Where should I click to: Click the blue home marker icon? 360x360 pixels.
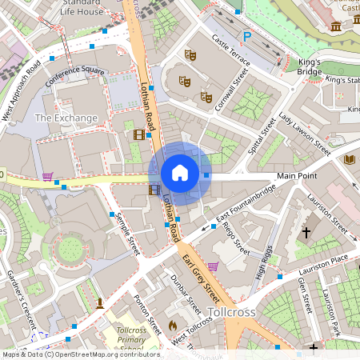pos(180,173)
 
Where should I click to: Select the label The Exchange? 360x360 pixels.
pos(66,118)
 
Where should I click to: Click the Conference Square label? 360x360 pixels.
pos(75,76)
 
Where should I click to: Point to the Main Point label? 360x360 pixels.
pos(297,175)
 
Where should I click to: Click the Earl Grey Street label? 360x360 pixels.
pos(201,273)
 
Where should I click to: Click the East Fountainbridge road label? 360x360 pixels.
pos(246,203)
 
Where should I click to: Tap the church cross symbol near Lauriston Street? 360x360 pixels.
pos(306,233)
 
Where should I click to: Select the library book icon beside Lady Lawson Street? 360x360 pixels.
pos(349,160)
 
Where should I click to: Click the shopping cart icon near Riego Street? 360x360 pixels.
pos(213,266)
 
